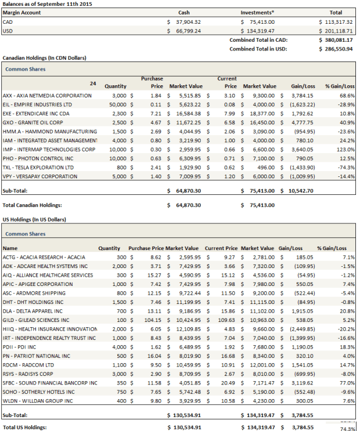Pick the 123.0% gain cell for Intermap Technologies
tap(347, 148)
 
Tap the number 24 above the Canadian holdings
tap(93, 84)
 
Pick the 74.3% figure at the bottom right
tap(347, 429)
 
